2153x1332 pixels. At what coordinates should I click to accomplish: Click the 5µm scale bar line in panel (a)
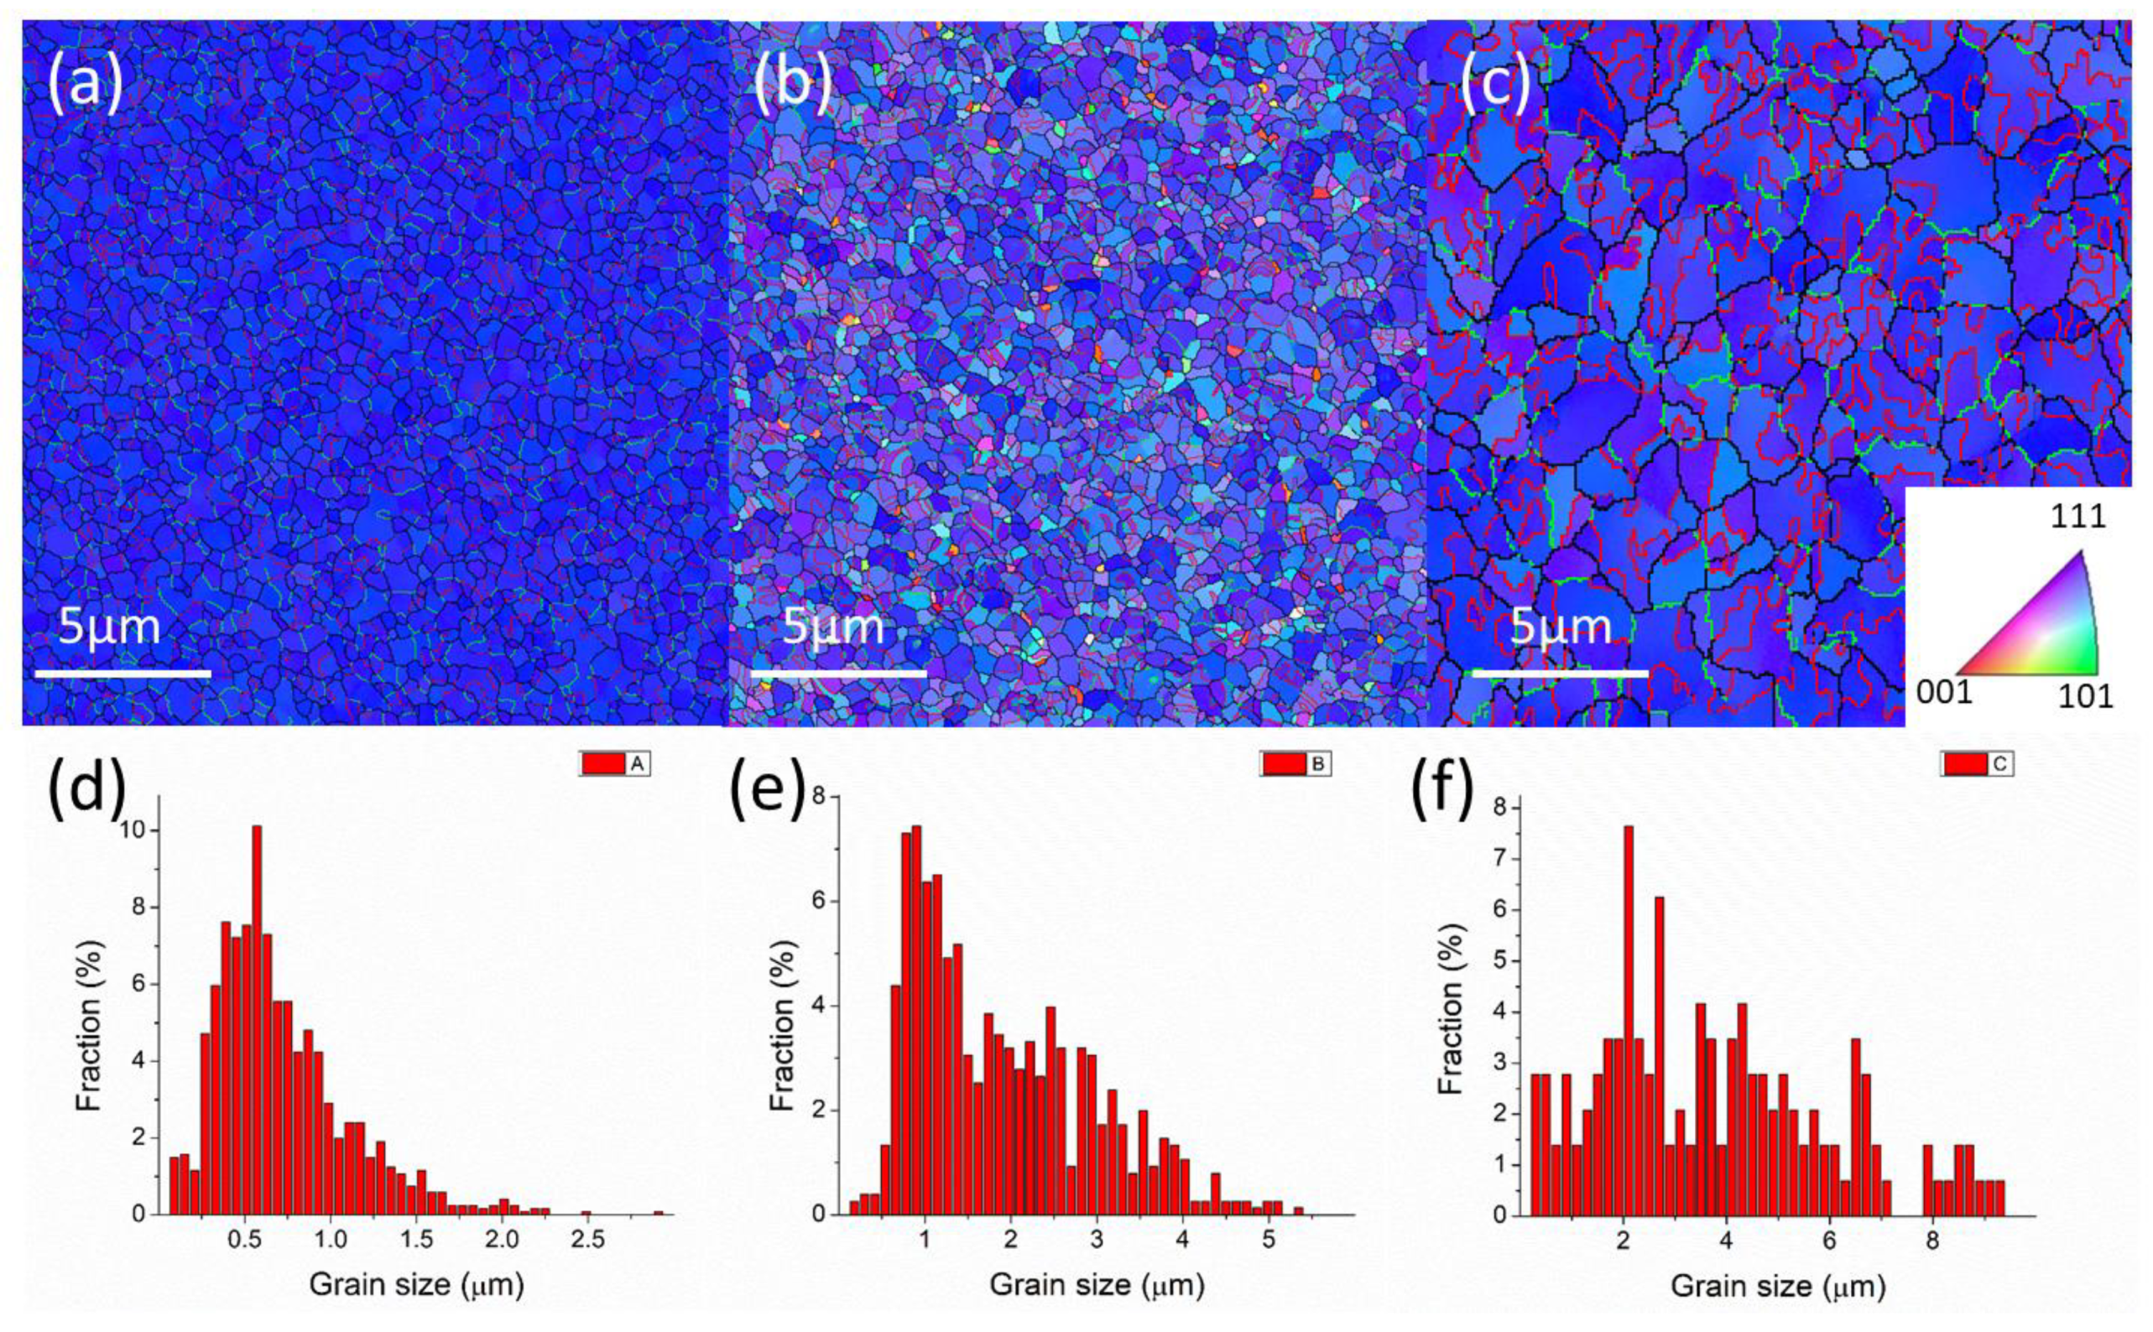[x=123, y=674]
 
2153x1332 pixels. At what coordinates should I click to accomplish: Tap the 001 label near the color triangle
[x=1943, y=694]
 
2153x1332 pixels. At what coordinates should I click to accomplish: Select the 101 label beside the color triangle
[x=2085, y=697]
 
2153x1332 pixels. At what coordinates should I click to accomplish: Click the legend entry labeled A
[x=615, y=765]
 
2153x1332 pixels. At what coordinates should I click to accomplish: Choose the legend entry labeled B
[x=1295, y=765]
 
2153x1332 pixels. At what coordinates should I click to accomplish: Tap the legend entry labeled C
[x=1977, y=765]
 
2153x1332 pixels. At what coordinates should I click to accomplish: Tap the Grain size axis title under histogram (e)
[x=1096, y=1285]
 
